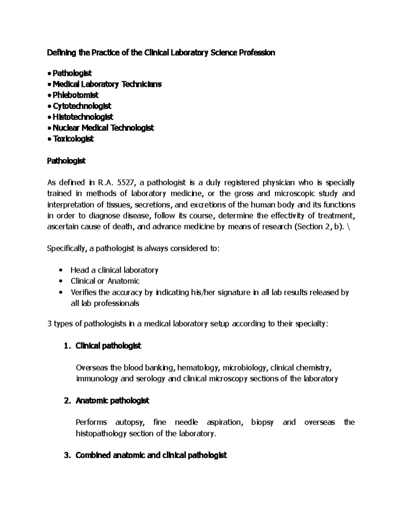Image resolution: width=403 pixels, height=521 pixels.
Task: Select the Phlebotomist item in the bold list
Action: click(76, 95)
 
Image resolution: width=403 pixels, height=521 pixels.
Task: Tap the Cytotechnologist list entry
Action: click(82, 106)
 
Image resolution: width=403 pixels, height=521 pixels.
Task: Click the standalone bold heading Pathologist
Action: click(66, 161)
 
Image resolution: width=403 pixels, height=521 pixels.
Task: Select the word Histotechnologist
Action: click(83, 117)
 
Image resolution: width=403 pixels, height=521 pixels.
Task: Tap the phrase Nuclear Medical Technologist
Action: click(103, 128)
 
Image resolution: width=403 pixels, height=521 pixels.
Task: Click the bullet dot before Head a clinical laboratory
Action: click(60, 270)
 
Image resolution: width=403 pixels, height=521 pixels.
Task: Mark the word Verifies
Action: click(83, 293)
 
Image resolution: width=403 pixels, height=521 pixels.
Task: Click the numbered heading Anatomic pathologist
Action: click(113, 401)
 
